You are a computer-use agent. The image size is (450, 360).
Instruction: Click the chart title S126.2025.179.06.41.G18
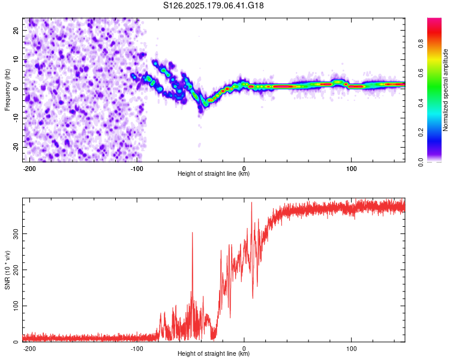pos(213,5)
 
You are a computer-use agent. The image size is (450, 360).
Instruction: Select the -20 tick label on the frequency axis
pos(16,147)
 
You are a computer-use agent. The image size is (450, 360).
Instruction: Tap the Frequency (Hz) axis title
pos(7,90)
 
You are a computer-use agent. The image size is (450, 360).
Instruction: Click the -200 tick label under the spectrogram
pos(29,169)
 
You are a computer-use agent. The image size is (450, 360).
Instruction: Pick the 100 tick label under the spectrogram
pos(351,169)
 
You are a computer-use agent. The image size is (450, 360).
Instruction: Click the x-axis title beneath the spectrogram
pos(214,173)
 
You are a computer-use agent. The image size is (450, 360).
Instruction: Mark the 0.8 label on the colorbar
pos(421,44)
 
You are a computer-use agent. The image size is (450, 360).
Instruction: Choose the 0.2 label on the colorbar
pos(421,133)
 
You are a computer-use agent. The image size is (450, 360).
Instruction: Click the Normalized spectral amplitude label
pos(445,90)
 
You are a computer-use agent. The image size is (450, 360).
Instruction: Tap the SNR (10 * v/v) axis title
pos(7,270)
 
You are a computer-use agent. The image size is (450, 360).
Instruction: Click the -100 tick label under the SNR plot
pos(137,349)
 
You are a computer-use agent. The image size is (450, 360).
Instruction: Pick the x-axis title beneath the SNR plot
pos(214,353)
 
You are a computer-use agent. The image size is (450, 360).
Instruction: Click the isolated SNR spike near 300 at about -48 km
pos(192,233)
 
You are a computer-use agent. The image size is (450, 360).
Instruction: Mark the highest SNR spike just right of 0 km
pos(251,203)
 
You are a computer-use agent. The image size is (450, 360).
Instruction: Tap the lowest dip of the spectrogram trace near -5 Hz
pos(205,105)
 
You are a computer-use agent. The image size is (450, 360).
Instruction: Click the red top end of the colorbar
pos(434,20)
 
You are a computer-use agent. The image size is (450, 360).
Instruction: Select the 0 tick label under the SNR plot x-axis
pos(244,349)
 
